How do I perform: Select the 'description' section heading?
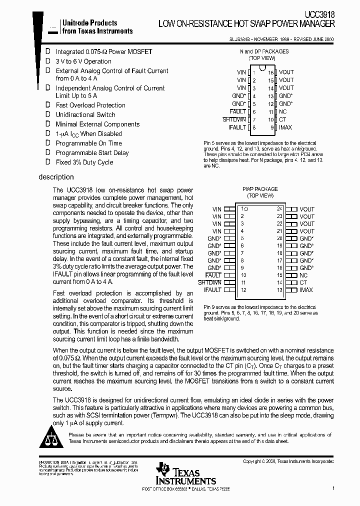coord(56,177)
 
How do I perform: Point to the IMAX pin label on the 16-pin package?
coord(286,127)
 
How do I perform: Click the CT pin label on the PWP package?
coord(303,282)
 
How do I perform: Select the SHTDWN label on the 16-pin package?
coord(234,119)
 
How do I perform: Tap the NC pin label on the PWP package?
coord(304,275)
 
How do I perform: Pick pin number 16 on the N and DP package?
coord(271,72)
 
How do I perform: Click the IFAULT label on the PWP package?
coord(212,290)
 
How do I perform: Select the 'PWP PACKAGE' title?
coord(260,189)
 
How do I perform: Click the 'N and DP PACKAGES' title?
coord(264,51)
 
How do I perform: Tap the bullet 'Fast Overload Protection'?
coord(90,105)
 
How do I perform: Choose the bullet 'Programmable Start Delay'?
coord(91,152)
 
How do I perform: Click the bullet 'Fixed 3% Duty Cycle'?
coord(84,162)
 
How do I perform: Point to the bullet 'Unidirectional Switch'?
coord(85,114)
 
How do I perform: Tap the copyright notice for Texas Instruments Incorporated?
coord(288,461)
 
